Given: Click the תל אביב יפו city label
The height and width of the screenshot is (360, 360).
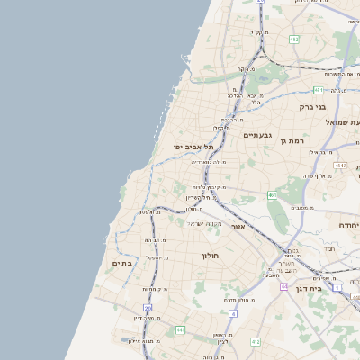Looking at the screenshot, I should (x=193, y=146).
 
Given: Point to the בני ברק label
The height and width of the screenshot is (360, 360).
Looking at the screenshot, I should (x=311, y=106).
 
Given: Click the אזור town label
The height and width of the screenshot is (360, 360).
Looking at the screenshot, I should (x=238, y=227).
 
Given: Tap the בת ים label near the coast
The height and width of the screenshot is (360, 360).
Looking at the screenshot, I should (x=122, y=263).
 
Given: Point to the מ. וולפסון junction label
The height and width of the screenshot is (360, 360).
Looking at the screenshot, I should (x=145, y=212).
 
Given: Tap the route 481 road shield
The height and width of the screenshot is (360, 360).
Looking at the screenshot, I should (x=319, y=90).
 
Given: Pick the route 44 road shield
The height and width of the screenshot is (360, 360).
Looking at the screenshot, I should (x=283, y=286).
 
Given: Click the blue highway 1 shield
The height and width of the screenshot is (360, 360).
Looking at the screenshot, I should (x=336, y=288).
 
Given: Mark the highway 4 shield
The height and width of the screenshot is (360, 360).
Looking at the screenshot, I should (x=232, y=313).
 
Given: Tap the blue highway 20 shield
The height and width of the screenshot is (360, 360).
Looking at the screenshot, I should (x=148, y=308).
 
